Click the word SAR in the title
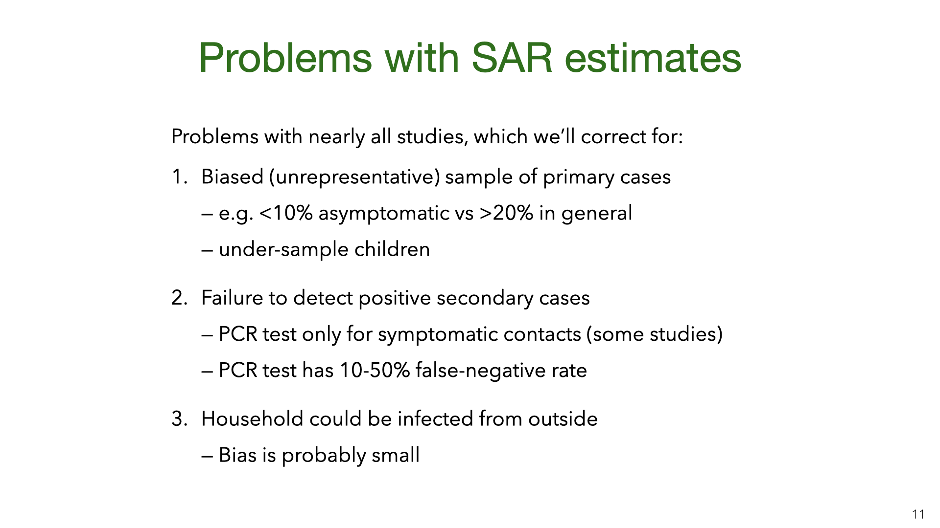coord(512,58)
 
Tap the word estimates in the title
coord(653,58)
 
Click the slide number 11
coord(918,514)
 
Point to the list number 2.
coord(180,298)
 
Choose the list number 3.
coord(180,419)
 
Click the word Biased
coord(233,176)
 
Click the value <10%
coord(286,213)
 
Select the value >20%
coord(507,213)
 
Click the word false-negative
coord(480,371)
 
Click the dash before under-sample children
coord(207,251)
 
